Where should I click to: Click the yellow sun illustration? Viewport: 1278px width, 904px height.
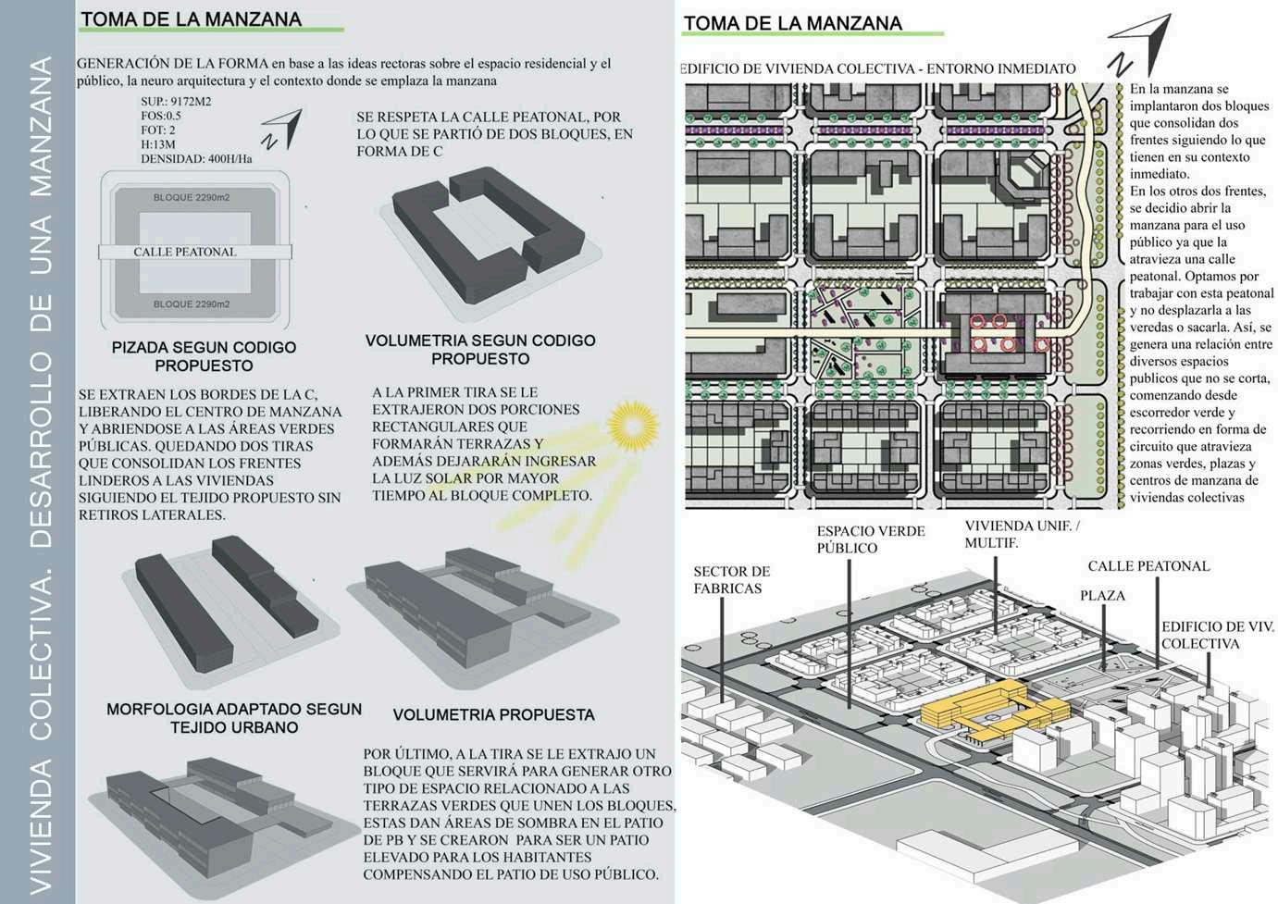tap(632, 426)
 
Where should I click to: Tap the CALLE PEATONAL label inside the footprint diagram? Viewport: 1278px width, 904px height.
tap(185, 252)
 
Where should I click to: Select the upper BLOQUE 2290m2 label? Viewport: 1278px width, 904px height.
tap(192, 198)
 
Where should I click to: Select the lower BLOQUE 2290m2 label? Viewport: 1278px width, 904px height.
tap(192, 304)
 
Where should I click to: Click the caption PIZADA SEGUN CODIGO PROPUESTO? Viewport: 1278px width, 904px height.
tap(204, 356)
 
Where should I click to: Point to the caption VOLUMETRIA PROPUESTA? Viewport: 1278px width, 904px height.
tap(493, 714)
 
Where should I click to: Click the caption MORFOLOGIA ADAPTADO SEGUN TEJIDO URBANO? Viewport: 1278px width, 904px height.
tap(234, 718)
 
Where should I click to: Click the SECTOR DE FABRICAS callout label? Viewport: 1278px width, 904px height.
tap(731, 580)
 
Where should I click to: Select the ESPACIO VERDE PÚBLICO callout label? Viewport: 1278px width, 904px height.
tap(870, 539)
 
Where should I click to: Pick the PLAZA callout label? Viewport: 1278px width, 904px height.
tap(1102, 596)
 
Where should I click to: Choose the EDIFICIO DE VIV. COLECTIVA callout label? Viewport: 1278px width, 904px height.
tap(1217, 635)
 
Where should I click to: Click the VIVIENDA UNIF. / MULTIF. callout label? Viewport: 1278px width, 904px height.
tap(1022, 534)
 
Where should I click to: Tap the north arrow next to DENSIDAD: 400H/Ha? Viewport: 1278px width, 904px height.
tap(282, 130)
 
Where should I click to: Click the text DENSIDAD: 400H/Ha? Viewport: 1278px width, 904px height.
tap(196, 159)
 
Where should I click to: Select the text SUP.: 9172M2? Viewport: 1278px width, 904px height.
tap(176, 102)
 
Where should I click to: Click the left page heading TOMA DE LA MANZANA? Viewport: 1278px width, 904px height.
tap(191, 19)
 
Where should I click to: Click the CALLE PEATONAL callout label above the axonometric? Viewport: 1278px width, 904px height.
tap(1148, 566)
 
